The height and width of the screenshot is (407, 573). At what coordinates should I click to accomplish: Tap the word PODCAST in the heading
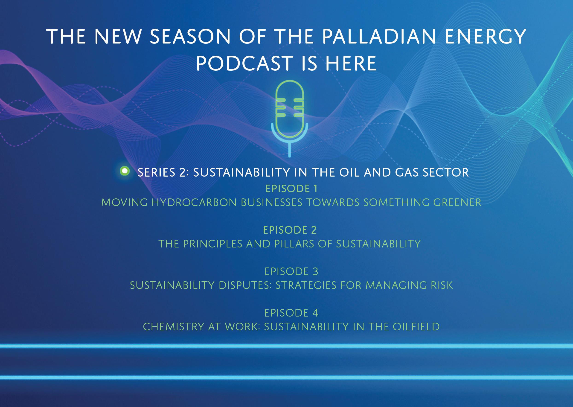[244, 63]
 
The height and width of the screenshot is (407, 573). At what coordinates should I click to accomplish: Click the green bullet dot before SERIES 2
[125, 172]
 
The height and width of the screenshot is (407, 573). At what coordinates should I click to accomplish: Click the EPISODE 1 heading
[291, 189]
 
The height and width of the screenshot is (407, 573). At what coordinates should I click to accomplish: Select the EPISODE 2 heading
[290, 230]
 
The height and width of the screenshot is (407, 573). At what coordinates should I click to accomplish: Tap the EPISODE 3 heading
[291, 271]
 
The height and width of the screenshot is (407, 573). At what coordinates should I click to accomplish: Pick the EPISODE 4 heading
[291, 313]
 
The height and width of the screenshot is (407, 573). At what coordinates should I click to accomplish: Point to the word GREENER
[457, 203]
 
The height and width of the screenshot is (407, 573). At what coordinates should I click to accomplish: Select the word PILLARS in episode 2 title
[294, 244]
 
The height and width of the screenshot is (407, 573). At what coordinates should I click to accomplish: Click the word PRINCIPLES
[212, 244]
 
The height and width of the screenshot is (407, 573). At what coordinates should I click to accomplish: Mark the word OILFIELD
[416, 327]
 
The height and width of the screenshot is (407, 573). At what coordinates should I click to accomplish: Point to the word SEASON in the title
[190, 37]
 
